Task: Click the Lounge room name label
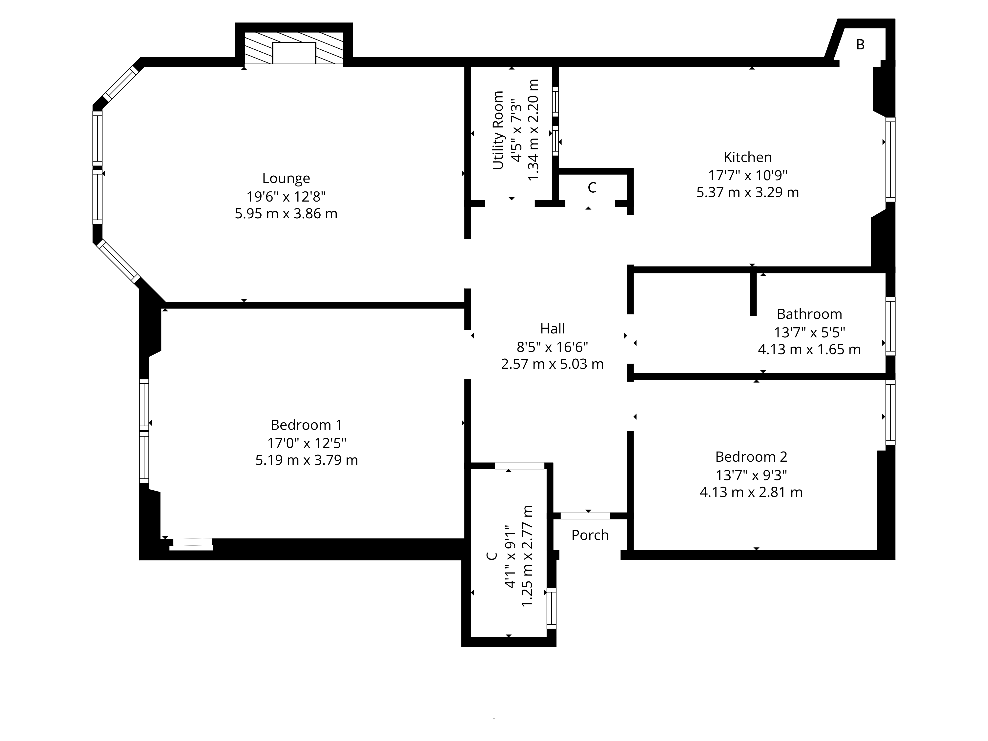[286, 179]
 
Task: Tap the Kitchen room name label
[748, 157]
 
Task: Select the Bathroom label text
[809, 314]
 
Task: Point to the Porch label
[590, 535]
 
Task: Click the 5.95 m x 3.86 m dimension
[286, 213]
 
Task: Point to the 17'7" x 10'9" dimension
[748, 175]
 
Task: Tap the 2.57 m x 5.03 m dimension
[553, 364]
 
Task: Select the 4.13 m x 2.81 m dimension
[751, 492]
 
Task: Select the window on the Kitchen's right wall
[890, 160]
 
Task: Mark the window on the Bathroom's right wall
[890, 327]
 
